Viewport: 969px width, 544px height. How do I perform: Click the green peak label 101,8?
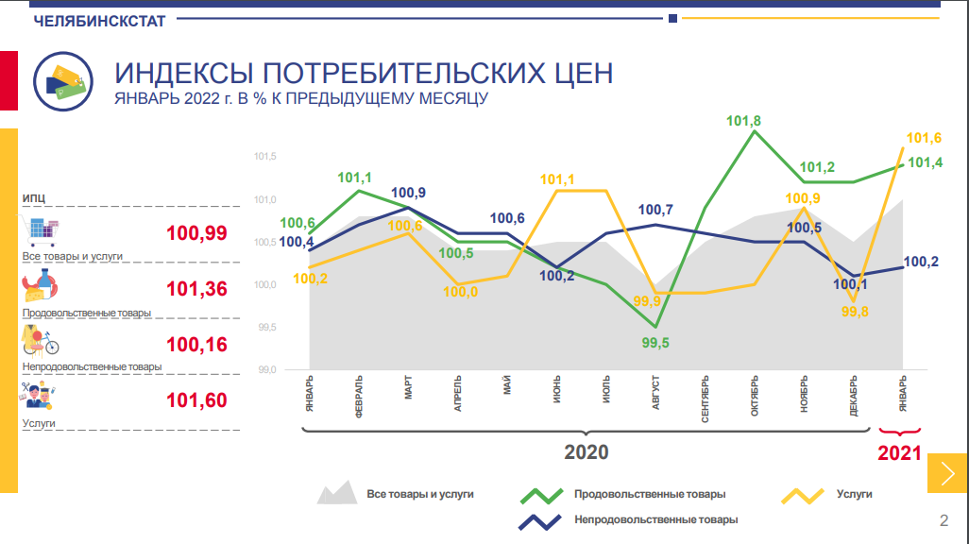744,121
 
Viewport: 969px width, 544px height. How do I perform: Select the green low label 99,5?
654,343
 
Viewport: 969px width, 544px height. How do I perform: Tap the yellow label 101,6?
924,138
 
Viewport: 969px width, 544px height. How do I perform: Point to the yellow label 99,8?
855,311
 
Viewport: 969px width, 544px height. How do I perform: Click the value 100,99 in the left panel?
196,233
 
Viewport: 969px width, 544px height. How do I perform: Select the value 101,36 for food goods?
196,289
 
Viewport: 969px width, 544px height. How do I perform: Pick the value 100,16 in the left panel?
196,345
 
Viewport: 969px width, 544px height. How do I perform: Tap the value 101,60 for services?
196,400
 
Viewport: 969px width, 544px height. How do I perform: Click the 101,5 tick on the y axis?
264,157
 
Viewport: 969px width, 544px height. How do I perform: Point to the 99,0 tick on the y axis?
264,370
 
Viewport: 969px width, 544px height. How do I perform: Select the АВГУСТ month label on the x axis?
654,393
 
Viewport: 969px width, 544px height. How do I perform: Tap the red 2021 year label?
899,453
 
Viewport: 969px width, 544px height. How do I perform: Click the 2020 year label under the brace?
586,452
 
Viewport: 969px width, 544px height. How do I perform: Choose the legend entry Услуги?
854,494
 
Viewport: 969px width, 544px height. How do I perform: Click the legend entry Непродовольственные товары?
655,519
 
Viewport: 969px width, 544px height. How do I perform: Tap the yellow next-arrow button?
947,472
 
